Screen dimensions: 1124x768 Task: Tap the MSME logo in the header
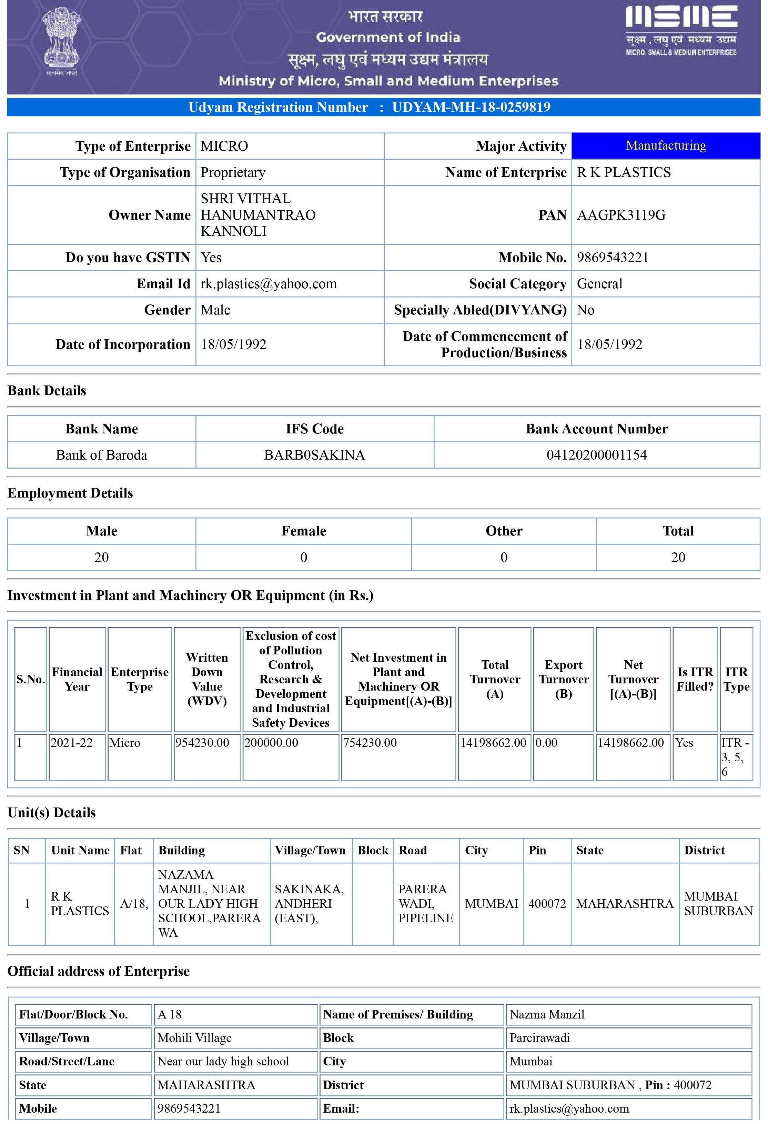[681, 30]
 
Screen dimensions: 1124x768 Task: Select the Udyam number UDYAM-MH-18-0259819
[471, 107]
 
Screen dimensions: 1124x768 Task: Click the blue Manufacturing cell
[666, 145]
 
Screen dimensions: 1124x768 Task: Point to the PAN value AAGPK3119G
[621, 215]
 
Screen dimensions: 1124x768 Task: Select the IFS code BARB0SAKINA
[314, 455]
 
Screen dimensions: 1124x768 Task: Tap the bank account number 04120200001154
[596, 455]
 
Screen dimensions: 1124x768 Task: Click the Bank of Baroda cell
[102, 455]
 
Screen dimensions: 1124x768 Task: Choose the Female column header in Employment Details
[304, 531]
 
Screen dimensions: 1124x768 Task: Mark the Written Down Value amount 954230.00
[202, 743]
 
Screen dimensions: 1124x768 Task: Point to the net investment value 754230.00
[370, 743]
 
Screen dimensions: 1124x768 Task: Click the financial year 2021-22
[72, 743]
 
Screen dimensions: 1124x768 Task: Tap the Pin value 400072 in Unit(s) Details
[547, 903]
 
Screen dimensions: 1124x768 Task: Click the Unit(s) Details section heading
[52, 813]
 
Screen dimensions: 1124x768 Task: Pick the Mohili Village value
[194, 1038]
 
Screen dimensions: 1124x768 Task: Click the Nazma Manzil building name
[547, 1014]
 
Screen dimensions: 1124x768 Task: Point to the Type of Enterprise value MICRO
[224, 146]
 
